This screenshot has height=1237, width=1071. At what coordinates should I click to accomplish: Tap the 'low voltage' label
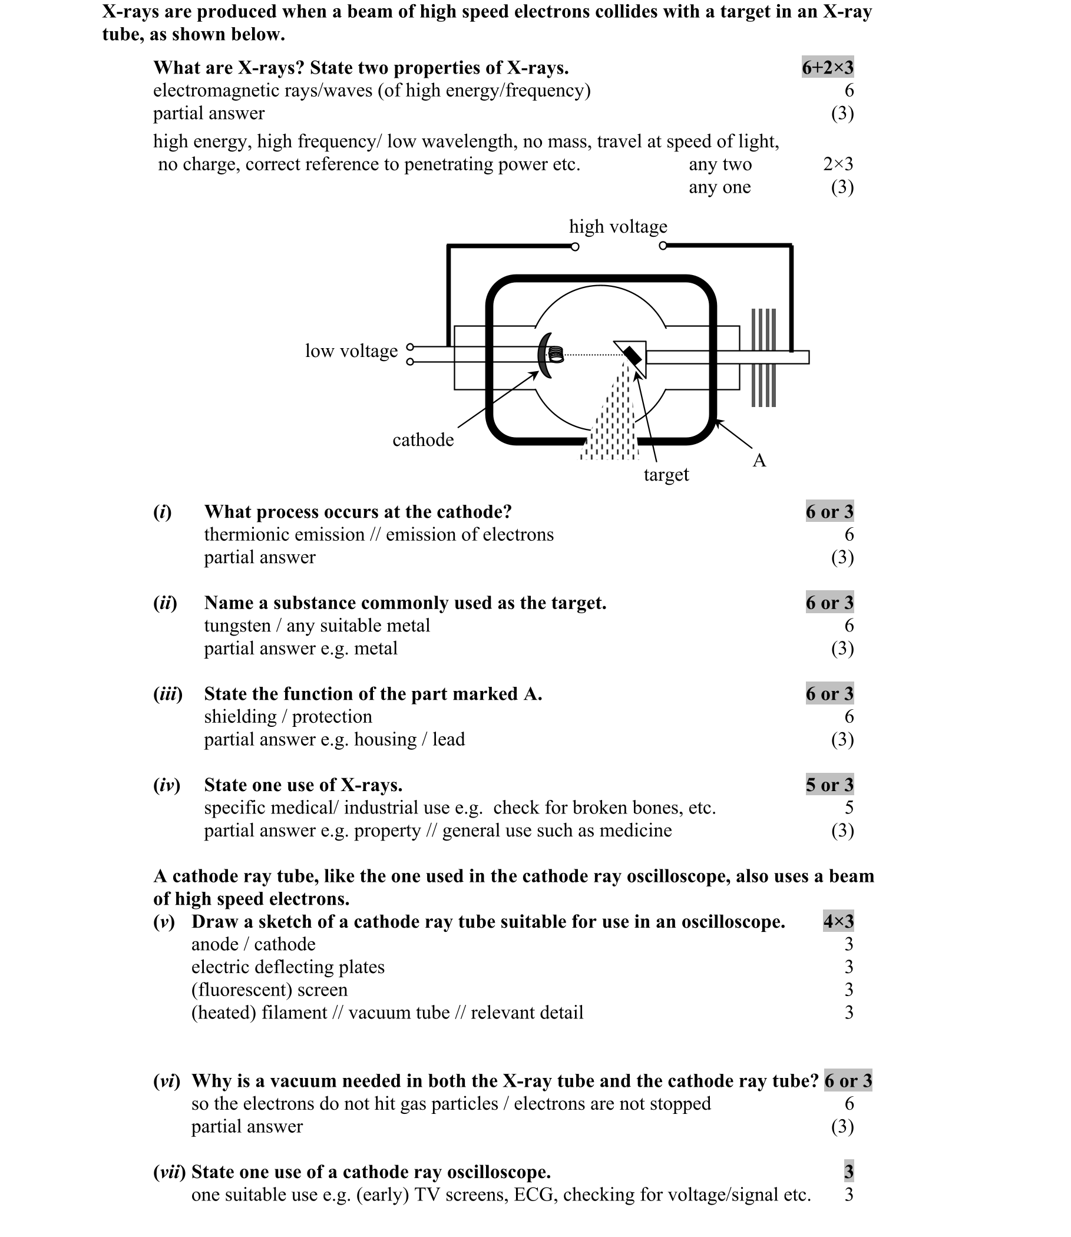click(351, 351)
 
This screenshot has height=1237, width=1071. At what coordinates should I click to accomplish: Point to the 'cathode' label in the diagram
click(422, 440)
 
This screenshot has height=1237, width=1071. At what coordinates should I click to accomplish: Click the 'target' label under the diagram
click(666, 475)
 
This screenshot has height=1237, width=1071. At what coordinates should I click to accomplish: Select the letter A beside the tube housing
click(759, 460)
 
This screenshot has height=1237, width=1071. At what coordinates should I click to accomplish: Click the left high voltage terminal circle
click(574, 247)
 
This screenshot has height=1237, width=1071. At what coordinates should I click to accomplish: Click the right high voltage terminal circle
click(662, 246)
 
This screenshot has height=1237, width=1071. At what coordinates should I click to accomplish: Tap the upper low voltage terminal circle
click(409, 346)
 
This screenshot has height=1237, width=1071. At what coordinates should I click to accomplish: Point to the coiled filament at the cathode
click(557, 355)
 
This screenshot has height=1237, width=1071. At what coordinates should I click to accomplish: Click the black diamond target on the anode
click(632, 357)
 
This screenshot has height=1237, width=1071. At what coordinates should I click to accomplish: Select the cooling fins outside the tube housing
click(763, 358)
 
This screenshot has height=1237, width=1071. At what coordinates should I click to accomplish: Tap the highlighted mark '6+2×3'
click(827, 68)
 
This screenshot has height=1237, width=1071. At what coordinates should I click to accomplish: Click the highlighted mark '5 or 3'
click(829, 785)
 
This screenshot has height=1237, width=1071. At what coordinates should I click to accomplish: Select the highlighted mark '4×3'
click(838, 921)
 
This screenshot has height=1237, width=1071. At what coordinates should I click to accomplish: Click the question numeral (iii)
click(167, 694)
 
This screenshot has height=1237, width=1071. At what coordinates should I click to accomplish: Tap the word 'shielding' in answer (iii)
click(240, 716)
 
